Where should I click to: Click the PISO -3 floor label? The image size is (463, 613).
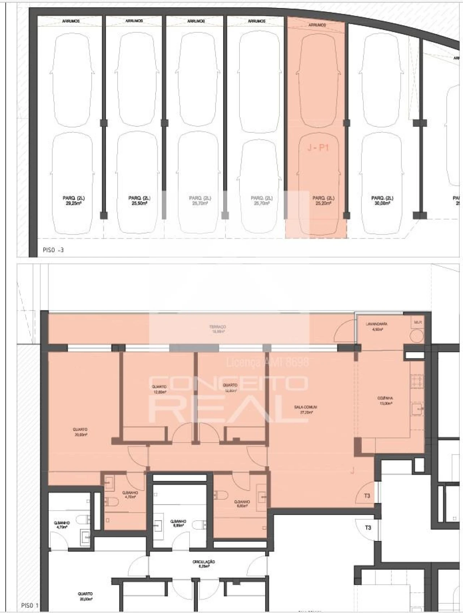point(53,250)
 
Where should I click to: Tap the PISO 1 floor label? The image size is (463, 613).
point(30,605)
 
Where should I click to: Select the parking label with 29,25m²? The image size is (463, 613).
point(73,201)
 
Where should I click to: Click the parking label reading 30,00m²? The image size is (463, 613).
point(382,201)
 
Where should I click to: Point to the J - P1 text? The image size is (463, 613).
point(318,148)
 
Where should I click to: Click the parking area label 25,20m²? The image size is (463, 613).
point(323,201)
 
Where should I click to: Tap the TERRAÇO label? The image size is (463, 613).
point(217,329)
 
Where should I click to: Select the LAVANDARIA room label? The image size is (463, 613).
point(377,326)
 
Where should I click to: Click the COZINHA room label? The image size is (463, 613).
point(385,400)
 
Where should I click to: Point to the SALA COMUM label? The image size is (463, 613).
point(303,409)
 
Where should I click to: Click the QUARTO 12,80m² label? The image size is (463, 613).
point(159,389)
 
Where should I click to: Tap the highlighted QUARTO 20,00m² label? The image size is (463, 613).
point(81,432)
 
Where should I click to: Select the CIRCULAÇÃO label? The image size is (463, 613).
point(204,563)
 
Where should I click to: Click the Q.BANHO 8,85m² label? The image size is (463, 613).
point(178,523)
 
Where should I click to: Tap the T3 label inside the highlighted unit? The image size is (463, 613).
point(367,496)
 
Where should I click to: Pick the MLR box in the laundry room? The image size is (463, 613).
point(418,322)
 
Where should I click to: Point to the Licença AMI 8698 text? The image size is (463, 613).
point(267,362)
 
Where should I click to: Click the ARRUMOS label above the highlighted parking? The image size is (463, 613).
point(317,25)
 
